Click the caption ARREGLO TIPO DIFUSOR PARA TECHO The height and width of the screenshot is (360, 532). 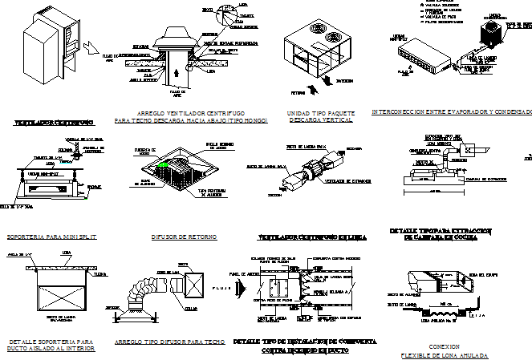[169, 342]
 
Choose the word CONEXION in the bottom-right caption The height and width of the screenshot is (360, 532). [445, 346]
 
